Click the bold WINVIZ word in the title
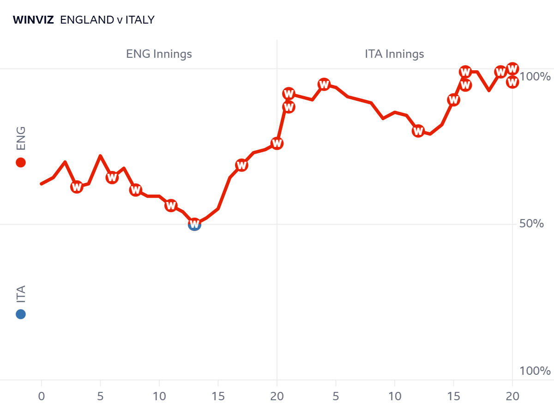pyautogui.click(x=33, y=20)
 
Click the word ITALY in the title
pyautogui.click(x=140, y=20)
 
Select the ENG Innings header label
pyautogui.click(x=159, y=54)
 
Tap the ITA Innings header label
pyautogui.click(x=394, y=54)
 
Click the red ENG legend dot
pyautogui.click(x=21, y=162)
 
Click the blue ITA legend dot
pyautogui.click(x=21, y=314)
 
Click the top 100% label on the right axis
pyautogui.click(x=535, y=76)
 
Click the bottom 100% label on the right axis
pyautogui.click(x=535, y=371)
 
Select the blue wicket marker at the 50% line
pyautogui.click(x=194, y=225)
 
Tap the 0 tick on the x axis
pyautogui.click(x=42, y=396)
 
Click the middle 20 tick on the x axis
pyautogui.click(x=277, y=396)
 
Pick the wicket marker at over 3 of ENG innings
pyautogui.click(x=77, y=187)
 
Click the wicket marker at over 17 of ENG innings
pyautogui.click(x=241, y=165)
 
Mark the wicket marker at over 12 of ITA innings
pyautogui.click(x=418, y=131)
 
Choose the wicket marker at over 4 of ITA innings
pyautogui.click(x=324, y=85)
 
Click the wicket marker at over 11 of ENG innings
pyautogui.click(x=171, y=205)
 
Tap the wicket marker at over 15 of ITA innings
pyautogui.click(x=454, y=100)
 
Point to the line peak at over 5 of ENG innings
pyautogui.click(x=100, y=156)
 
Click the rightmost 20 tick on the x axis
pyautogui.click(x=512, y=396)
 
